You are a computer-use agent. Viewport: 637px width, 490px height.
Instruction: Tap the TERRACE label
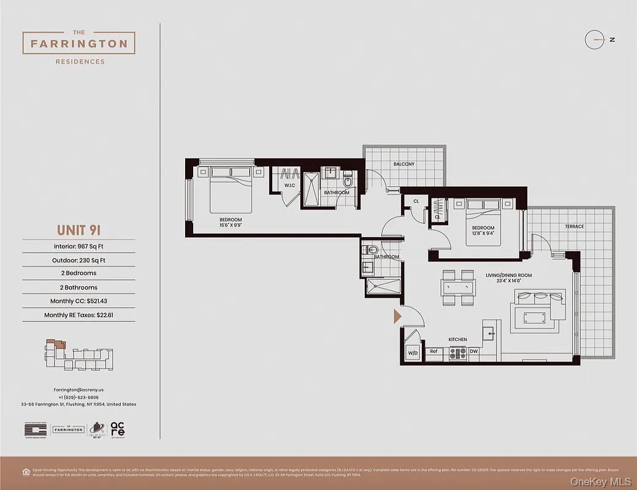coord(574,227)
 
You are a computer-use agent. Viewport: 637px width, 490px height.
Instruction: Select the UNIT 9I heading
coord(78,230)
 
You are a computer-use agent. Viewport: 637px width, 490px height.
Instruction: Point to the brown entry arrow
coord(397,316)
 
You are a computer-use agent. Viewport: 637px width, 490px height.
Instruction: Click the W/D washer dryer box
coord(413,353)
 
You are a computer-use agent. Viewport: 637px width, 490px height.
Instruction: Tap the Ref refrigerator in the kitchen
coord(433,352)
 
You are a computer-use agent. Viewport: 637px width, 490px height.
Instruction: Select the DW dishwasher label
coord(473,352)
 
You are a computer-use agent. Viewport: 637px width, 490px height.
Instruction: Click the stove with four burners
coord(457,353)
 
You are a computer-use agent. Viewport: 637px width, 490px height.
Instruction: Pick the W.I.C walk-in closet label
coord(289,186)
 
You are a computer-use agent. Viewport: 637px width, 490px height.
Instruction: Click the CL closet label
coord(416,201)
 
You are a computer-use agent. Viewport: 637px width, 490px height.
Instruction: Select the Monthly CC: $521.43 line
coord(78,301)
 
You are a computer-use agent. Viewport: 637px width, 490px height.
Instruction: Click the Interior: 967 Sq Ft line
coord(78,247)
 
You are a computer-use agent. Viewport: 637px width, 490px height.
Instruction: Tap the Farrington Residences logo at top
coord(79,44)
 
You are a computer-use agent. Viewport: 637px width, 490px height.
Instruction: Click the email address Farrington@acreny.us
coord(78,390)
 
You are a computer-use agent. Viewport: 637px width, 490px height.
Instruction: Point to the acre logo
coord(118,429)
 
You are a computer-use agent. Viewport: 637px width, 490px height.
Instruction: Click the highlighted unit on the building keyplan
coord(58,344)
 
